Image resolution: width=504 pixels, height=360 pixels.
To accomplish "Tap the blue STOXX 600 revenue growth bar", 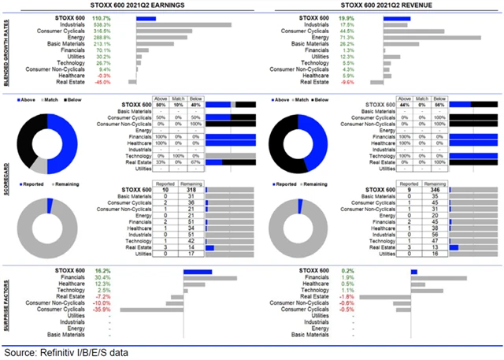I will pos(398,18).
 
